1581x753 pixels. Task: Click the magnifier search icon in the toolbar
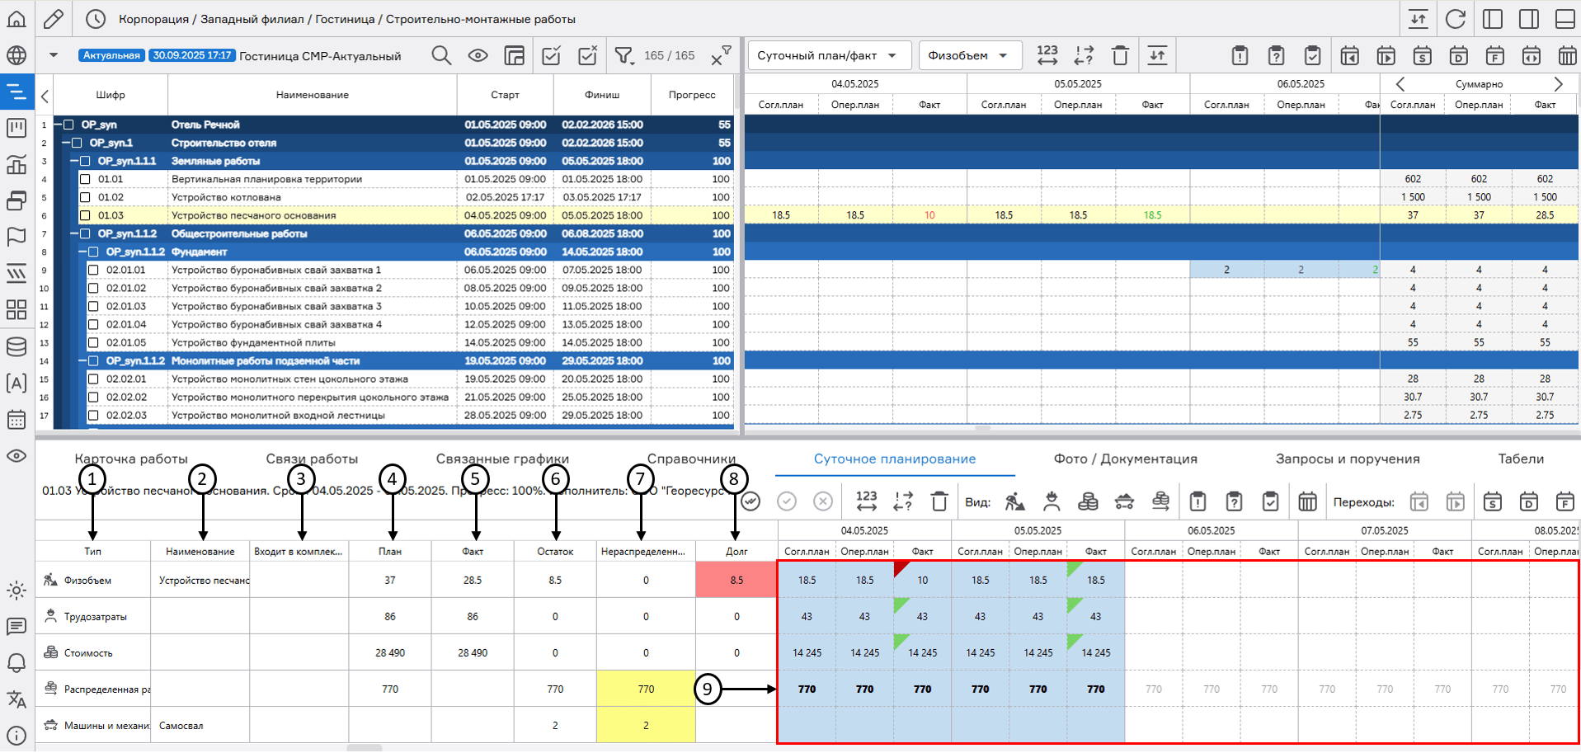(x=441, y=55)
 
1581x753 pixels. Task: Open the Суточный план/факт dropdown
(x=828, y=55)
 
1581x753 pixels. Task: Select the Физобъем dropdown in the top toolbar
(x=968, y=55)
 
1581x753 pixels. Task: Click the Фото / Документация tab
(x=1125, y=459)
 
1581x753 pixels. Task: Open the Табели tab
(x=1521, y=459)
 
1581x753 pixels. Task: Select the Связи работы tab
(x=312, y=459)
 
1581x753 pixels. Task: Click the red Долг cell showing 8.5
(x=736, y=580)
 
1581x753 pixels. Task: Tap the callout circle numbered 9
(x=708, y=689)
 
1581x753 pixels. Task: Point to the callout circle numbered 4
(x=393, y=478)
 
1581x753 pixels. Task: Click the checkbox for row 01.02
(x=85, y=197)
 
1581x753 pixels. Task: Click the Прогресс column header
(x=692, y=95)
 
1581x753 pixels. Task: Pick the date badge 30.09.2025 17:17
(x=191, y=55)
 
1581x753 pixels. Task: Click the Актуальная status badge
(x=111, y=55)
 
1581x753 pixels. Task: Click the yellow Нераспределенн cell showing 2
(x=646, y=725)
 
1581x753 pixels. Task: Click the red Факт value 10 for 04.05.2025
(x=929, y=215)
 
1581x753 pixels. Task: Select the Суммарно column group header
(x=1479, y=84)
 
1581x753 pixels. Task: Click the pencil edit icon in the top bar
(x=54, y=18)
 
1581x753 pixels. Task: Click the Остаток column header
(x=555, y=551)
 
